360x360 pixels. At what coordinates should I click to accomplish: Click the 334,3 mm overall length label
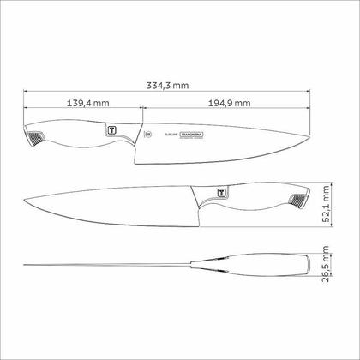(167, 85)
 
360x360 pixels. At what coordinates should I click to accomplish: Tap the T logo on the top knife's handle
(111, 129)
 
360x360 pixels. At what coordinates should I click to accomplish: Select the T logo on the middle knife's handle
(222, 193)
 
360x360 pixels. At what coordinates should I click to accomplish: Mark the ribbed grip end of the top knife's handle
(32, 140)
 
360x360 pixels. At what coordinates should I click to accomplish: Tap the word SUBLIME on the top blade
(162, 135)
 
